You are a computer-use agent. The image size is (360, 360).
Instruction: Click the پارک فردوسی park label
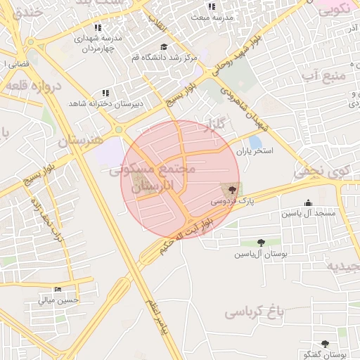[229, 201]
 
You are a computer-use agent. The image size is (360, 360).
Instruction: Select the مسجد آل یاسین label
[309, 213]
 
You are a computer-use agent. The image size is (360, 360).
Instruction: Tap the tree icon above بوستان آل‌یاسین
[262, 243]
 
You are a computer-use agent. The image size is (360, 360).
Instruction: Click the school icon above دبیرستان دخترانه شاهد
[105, 93]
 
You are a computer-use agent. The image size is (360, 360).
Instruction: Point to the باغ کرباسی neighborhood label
[257, 311]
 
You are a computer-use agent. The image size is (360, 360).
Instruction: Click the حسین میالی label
[57, 300]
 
